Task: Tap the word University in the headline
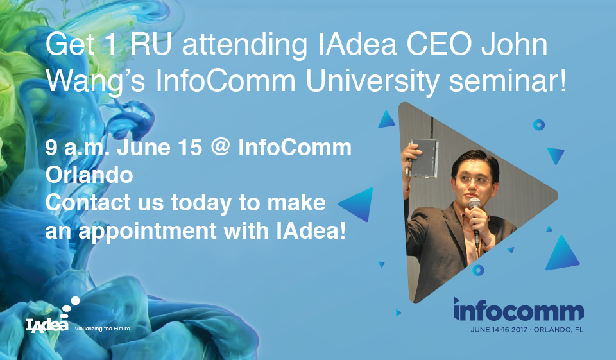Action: (372, 81)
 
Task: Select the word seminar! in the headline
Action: (508, 81)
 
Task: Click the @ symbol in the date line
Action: (220, 147)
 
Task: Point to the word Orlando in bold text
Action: (89, 175)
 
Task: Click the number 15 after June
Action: (190, 148)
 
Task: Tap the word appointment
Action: (148, 231)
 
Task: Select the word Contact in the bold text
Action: (88, 203)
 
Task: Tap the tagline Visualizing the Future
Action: (102, 329)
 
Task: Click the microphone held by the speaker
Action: (475, 220)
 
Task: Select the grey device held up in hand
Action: (424, 158)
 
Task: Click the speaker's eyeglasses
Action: (473, 181)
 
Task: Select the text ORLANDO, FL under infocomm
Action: (558, 330)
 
